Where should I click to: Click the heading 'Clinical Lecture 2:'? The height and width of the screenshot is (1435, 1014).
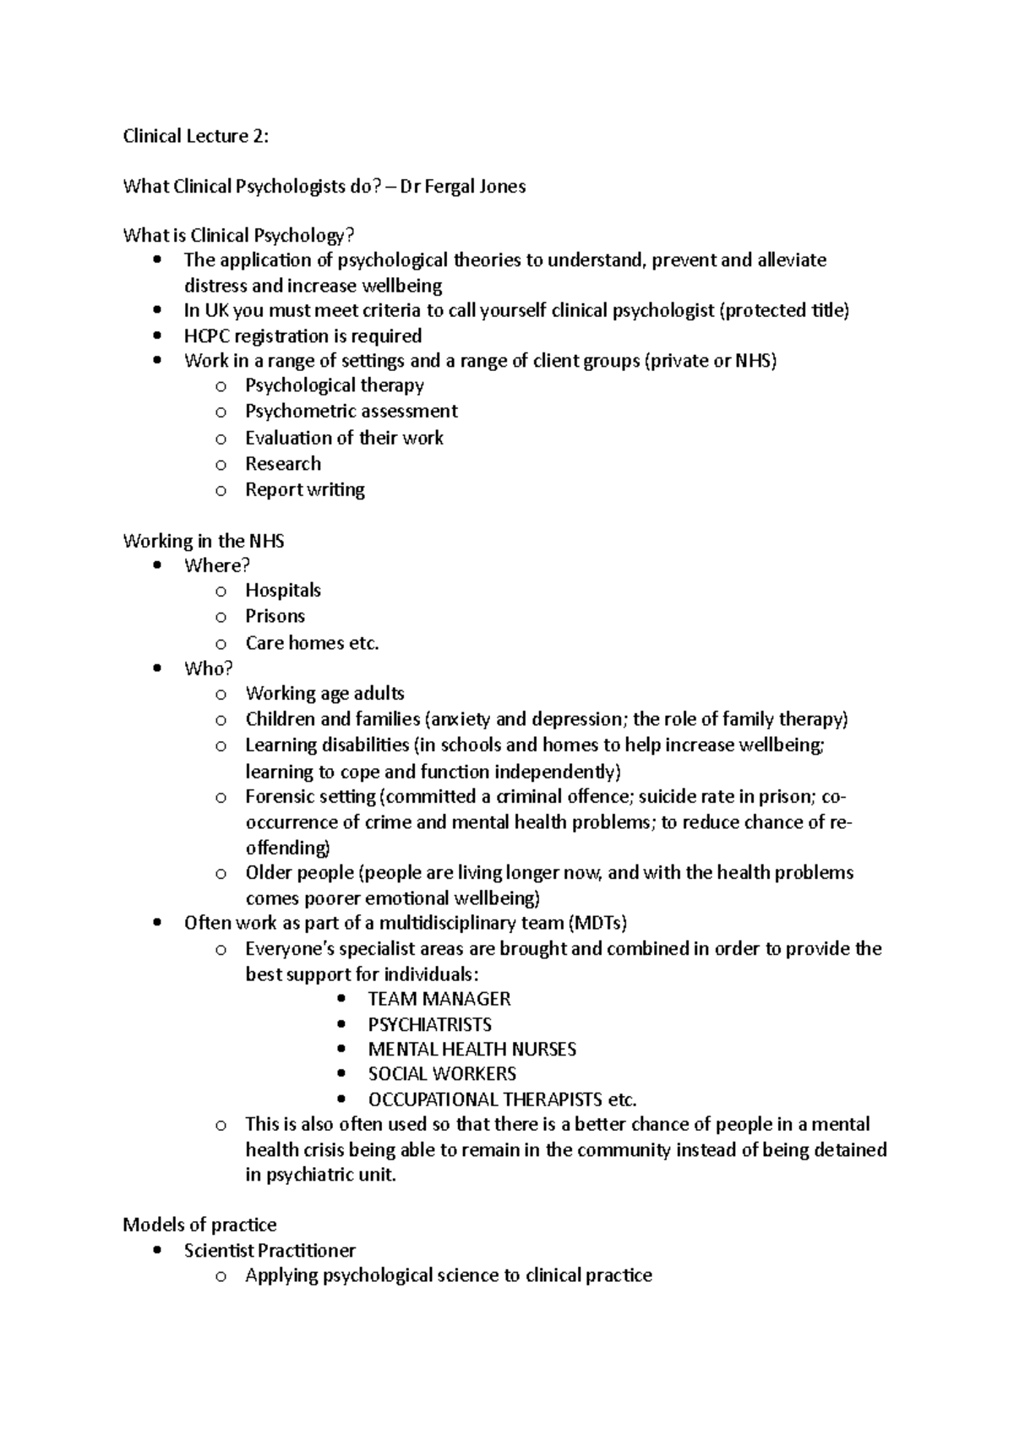(195, 136)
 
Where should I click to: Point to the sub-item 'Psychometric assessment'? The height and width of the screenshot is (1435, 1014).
(351, 412)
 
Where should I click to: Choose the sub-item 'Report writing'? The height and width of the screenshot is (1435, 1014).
(304, 490)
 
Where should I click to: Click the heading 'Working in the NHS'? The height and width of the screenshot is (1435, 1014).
(203, 541)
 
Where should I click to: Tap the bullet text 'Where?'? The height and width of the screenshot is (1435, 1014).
(217, 565)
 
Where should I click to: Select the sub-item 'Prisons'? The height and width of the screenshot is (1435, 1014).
(275, 616)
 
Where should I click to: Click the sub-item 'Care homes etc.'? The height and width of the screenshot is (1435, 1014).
(312, 643)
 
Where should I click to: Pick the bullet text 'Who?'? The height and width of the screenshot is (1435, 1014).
(208, 668)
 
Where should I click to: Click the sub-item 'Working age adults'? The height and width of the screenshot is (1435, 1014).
(324, 694)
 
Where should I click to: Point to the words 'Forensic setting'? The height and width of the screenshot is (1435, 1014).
(310, 797)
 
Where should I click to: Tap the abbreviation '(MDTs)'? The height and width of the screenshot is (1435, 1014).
(597, 923)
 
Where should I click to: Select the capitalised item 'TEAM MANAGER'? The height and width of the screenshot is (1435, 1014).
(439, 999)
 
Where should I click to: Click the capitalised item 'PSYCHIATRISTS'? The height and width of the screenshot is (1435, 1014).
(429, 1024)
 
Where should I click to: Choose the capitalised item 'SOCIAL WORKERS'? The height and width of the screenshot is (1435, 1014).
(441, 1074)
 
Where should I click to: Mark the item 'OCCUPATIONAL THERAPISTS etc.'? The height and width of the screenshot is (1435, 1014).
(501, 1099)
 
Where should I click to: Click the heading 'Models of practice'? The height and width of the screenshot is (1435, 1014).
(199, 1225)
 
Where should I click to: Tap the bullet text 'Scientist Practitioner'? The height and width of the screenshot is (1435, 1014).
(270, 1250)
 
